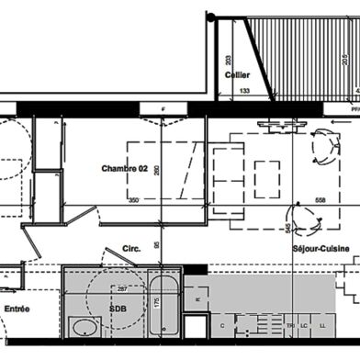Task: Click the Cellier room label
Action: coord(238,75)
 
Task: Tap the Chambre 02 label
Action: coord(125,169)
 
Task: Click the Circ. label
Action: coord(129,248)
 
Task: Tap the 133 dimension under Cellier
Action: coord(245,91)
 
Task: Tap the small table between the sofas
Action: coord(267,172)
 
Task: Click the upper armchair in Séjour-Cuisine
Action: coord(323,145)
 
